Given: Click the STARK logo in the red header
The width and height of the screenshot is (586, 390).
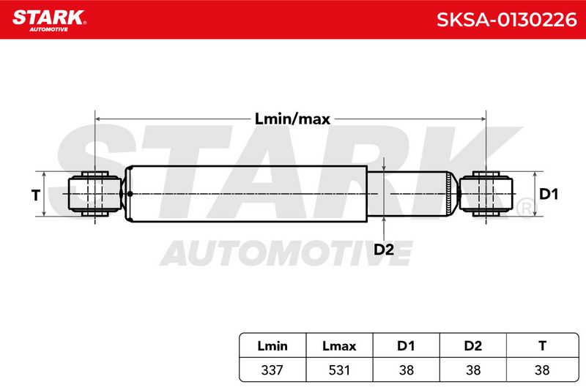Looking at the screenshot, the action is [x=49, y=20].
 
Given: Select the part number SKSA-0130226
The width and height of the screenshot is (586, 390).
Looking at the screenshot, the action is [x=506, y=20].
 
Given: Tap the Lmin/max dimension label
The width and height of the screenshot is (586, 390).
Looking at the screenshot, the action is [x=292, y=119].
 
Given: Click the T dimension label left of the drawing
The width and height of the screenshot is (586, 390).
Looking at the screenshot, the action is [x=35, y=195].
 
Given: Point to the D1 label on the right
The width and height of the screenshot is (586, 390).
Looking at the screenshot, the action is [x=548, y=194].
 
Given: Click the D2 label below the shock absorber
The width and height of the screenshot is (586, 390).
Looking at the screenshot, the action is [x=384, y=250].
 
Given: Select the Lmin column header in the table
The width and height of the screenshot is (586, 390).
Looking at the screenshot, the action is [x=272, y=346].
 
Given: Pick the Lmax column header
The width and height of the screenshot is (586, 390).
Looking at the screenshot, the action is [x=339, y=346].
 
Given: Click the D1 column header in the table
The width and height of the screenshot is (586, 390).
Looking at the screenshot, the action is [x=406, y=346].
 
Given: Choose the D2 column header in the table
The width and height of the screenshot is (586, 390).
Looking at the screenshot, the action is [x=472, y=346].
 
